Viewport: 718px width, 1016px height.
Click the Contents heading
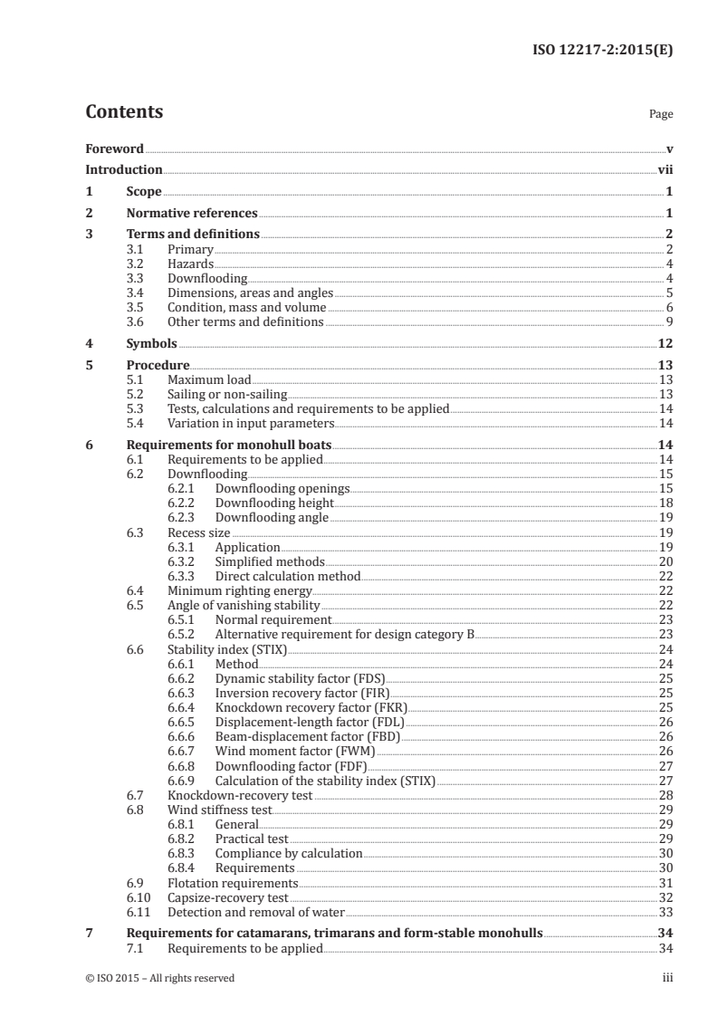124,113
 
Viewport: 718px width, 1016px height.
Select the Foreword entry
114,149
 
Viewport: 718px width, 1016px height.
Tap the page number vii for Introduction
665,169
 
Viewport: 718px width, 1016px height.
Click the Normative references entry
192,214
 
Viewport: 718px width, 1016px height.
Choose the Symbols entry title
151,344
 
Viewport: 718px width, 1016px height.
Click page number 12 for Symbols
665,344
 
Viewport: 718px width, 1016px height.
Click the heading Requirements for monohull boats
229,446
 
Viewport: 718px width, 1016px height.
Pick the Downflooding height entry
274,503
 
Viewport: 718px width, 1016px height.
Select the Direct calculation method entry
287,576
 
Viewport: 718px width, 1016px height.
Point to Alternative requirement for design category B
344,634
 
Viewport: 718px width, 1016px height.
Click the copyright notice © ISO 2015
159,978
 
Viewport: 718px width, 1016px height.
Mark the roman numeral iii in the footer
667,978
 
